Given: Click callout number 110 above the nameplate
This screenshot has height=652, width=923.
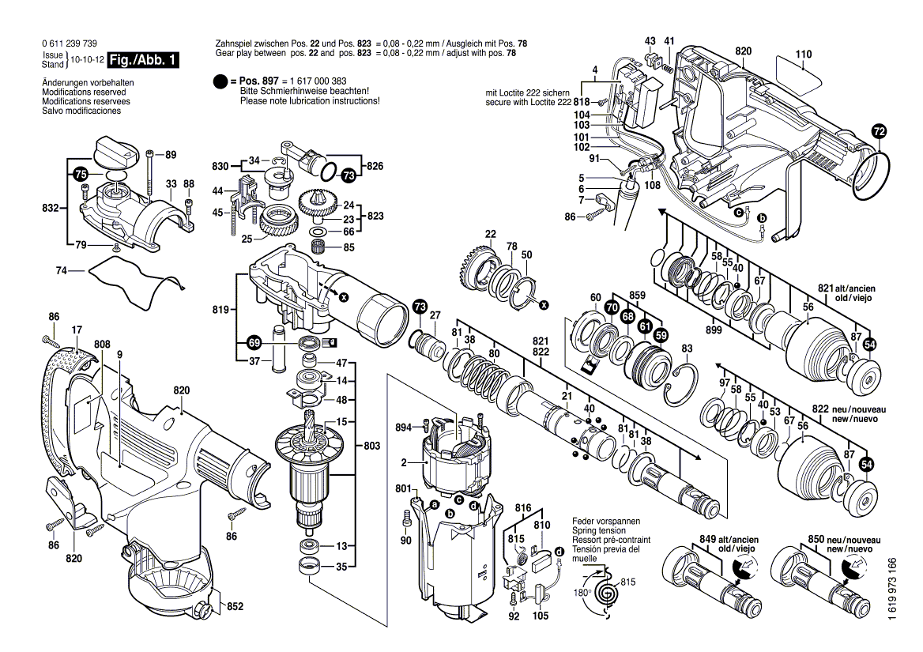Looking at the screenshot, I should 803,55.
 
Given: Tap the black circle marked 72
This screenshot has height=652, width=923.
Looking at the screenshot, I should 880,131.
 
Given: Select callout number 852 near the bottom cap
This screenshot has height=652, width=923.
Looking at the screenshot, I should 235,607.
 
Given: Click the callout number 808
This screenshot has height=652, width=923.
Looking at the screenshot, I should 101,344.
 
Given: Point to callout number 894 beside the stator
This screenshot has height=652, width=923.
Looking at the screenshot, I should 404,428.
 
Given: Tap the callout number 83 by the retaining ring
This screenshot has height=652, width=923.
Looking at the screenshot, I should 686,349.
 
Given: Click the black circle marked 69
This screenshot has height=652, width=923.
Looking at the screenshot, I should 253,343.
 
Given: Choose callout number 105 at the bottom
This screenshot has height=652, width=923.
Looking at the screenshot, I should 540,616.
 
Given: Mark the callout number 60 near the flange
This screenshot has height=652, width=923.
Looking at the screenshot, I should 595,297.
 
